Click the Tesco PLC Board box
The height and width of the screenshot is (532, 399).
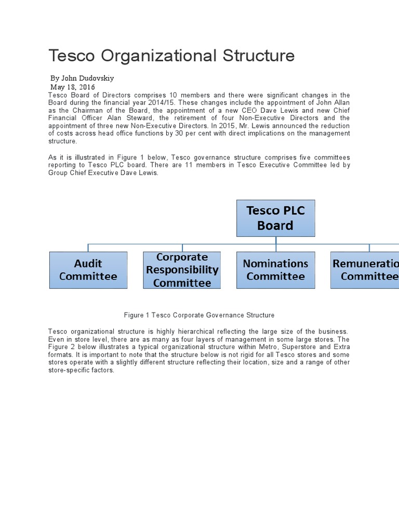tap(276, 218)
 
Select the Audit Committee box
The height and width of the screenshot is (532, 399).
tap(88, 270)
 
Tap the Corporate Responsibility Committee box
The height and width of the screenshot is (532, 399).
tap(182, 270)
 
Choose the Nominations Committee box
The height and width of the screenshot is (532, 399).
tap(275, 270)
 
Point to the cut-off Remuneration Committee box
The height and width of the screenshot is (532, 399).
tap(365, 270)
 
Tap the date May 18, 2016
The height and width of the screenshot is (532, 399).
tap(72, 87)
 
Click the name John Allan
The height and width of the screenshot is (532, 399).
tap(332, 102)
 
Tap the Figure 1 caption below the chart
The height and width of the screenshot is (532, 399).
tap(199, 315)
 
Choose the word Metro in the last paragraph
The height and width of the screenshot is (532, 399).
tap(249, 347)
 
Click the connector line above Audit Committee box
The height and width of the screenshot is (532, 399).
tap(88, 247)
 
